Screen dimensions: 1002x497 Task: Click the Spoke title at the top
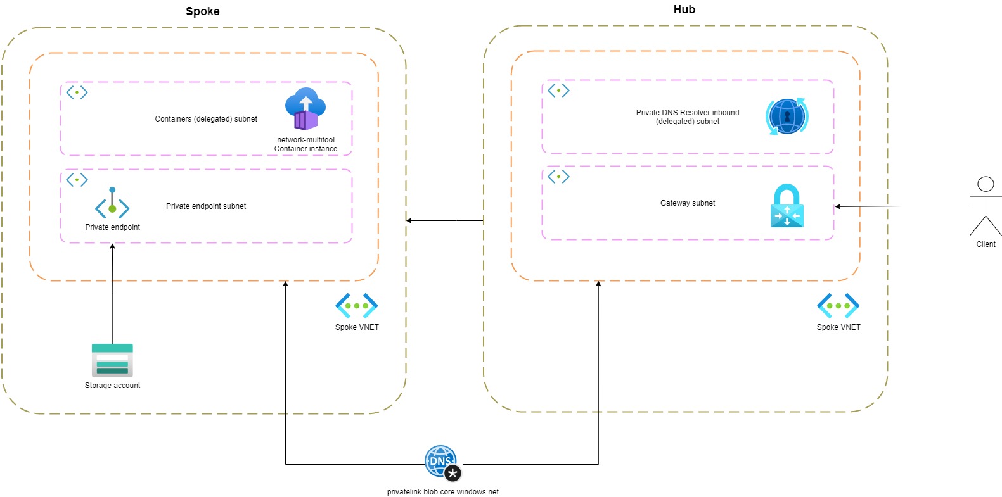point(202,11)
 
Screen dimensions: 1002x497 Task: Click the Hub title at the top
point(684,9)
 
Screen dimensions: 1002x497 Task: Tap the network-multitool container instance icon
point(305,109)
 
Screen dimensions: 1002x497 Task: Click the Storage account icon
point(112,360)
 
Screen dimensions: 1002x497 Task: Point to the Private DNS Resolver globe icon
point(787,116)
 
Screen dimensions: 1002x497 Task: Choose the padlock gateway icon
point(787,206)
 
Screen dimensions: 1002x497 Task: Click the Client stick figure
point(986,206)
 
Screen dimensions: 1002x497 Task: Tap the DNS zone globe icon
point(443,463)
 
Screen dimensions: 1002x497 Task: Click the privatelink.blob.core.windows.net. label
point(443,492)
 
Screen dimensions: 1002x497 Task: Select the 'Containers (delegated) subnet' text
point(206,119)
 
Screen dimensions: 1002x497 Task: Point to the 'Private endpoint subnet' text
point(206,206)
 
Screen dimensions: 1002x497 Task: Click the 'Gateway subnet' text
point(688,203)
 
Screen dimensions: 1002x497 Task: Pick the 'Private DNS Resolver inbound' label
point(688,113)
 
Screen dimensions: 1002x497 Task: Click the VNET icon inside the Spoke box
point(357,306)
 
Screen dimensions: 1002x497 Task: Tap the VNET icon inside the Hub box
point(838,306)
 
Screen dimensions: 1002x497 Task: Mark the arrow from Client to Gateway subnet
point(902,206)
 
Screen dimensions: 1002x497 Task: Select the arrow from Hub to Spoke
point(445,220)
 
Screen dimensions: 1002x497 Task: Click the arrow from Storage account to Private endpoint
point(112,294)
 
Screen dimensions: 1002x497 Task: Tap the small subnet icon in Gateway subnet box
point(559,177)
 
